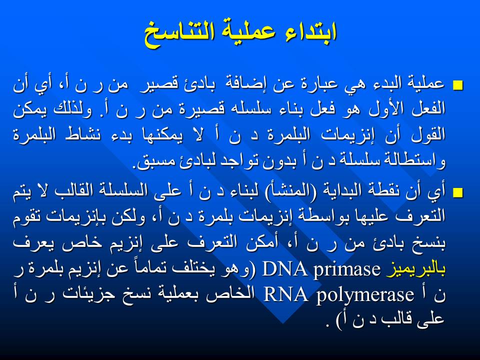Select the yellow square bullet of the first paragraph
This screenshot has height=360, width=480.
[x=458, y=85]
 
